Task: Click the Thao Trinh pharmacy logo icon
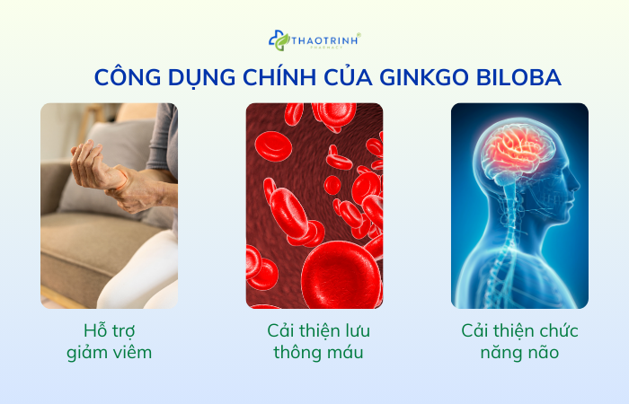pos(279,40)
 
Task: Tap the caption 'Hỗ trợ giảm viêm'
pos(109,341)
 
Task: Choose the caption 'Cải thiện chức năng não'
pos(519,341)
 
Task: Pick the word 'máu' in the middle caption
pos(344,352)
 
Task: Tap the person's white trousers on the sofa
pos(144,269)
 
